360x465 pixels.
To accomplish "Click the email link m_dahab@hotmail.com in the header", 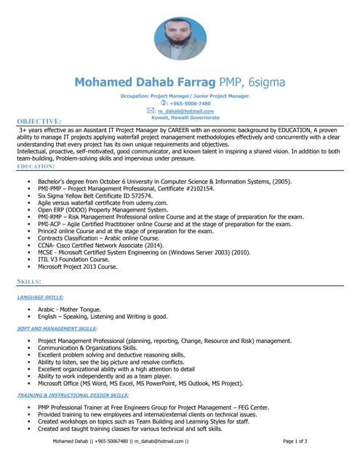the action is click(x=188, y=110).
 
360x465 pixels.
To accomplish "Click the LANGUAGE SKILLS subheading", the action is click(x=40, y=296).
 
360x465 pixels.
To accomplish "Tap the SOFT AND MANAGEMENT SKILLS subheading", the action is click(x=57, y=328).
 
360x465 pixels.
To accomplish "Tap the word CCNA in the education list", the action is click(x=47, y=246).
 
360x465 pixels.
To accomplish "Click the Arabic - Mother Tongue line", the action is click(x=70, y=309).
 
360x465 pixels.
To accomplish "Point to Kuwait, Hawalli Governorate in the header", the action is click(x=185, y=117).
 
